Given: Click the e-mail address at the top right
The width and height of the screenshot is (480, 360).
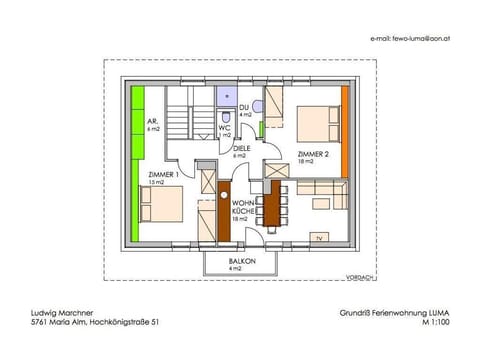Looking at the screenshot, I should [x=409, y=38].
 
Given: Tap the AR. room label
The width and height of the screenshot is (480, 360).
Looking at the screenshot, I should [x=153, y=125].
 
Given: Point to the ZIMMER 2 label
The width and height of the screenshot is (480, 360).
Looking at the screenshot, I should [x=313, y=156].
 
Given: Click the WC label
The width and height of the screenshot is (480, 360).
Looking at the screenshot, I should [x=227, y=130].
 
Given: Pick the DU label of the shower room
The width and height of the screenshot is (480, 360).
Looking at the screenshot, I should [x=243, y=108].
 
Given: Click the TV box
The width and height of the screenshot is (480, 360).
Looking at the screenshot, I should [x=319, y=238].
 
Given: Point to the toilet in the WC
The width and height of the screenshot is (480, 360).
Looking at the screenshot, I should [x=258, y=105].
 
